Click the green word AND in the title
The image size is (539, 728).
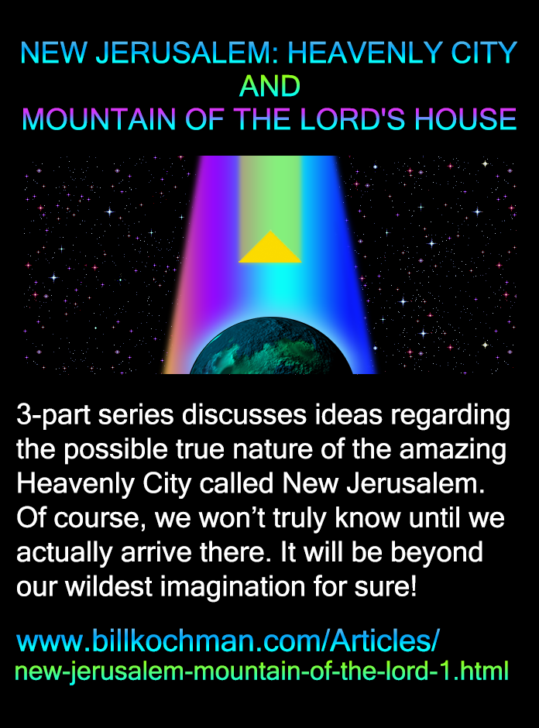pos(269,87)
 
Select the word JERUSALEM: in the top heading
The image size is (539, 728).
pos(187,53)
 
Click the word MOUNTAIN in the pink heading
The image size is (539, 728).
pos(99,120)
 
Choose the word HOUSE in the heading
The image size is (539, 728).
pos(465,120)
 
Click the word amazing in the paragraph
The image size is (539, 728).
pos(453,450)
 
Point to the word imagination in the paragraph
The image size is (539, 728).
pos(232,587)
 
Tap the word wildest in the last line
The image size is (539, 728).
pos(108,586)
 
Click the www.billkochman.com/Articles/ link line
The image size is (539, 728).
pos(228,640)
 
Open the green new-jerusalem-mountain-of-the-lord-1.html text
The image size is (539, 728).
pos(262,671)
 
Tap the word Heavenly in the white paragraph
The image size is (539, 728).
pos(75,484)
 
